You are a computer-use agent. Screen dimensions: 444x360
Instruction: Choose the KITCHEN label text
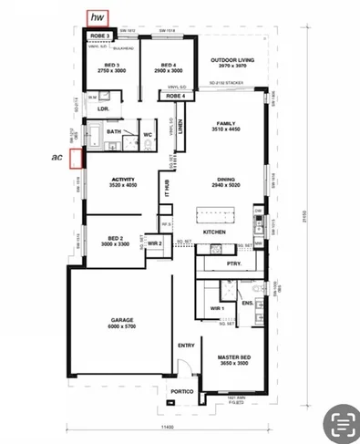click(x=214, y=232)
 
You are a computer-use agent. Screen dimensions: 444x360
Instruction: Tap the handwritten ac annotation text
click(x=57, y=157)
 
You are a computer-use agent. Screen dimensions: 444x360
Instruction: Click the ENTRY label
click(x=186, y=346)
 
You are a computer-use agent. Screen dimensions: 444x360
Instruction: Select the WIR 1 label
click(x=217, y=308)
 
